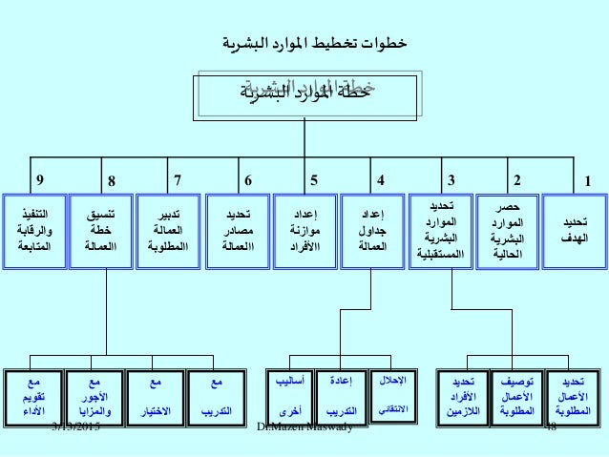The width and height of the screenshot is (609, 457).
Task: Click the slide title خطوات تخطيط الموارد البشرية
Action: click(x=304, y=42)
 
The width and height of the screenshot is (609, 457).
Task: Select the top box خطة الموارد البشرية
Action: click(x=304, y=93)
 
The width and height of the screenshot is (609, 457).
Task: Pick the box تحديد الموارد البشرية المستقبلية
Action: click(x=440, y=230)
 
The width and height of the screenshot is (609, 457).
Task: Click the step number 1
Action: click(x=588, y=179)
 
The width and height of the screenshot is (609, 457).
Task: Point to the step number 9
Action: click(x=39, y=178)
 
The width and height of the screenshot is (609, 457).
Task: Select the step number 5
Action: click(x=315, y=178)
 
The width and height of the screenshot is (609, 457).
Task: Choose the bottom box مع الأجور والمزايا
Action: click(x=93, y=396)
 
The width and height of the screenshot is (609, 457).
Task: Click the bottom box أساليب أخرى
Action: click(x=283, y=396)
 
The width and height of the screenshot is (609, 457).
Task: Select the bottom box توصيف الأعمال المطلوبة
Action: click(x=513, y=396)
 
